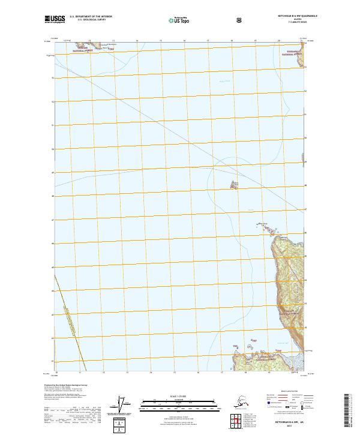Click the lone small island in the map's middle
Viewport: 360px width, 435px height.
coord(235,184)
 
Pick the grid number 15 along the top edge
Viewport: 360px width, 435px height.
coord(161,41)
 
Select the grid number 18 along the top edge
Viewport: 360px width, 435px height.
coord(232,41)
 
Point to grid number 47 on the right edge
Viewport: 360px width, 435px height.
coord(305,209)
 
